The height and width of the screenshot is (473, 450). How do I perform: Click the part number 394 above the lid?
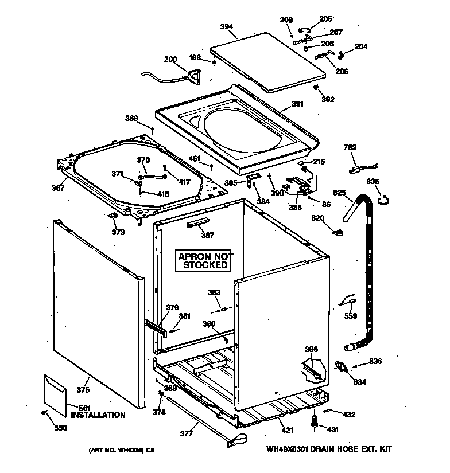click(x=227, y=26)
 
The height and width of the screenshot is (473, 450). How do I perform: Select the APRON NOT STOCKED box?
click(x=205, y=261)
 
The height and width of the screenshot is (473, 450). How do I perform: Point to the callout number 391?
click(x=297, y=104)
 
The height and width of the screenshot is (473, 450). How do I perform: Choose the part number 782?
click(x=350, y=148)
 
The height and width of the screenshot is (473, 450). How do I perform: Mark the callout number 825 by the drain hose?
click(x=340, y=193)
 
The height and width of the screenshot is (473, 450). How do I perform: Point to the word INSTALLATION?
click(x=98, y=415)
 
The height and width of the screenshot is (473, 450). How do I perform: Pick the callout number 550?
click(x=60, y=428)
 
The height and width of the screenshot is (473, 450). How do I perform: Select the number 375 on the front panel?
click(x=83, y=390)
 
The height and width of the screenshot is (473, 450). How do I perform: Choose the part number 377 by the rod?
click(x=186, y=433)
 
